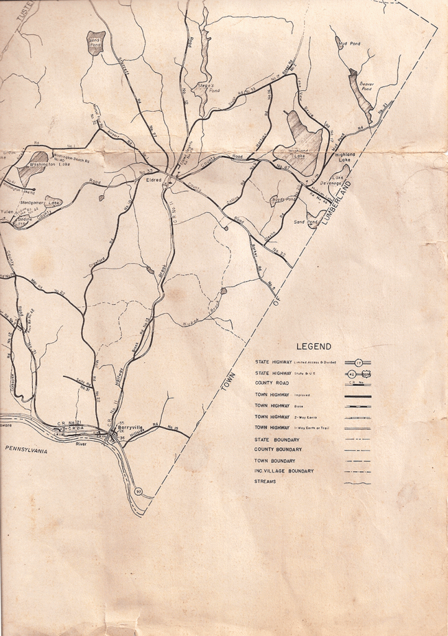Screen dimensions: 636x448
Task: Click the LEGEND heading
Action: pyautogui.click(x=314, y=347)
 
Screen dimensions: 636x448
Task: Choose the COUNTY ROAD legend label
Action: pyautogui.click(x=272, y=383)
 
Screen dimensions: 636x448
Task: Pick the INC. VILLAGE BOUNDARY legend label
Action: pyautogui.click(x=284, y=471)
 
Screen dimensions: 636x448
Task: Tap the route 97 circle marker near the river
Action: pyautogui.click(x=139, y=493)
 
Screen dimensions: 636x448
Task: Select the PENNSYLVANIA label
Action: pyautogui.click(x=26, y=450)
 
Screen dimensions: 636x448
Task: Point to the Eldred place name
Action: pyautogui.click(x=153, y=179)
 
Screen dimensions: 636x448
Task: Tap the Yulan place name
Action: pyautogui.click(x=6, y=211)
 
